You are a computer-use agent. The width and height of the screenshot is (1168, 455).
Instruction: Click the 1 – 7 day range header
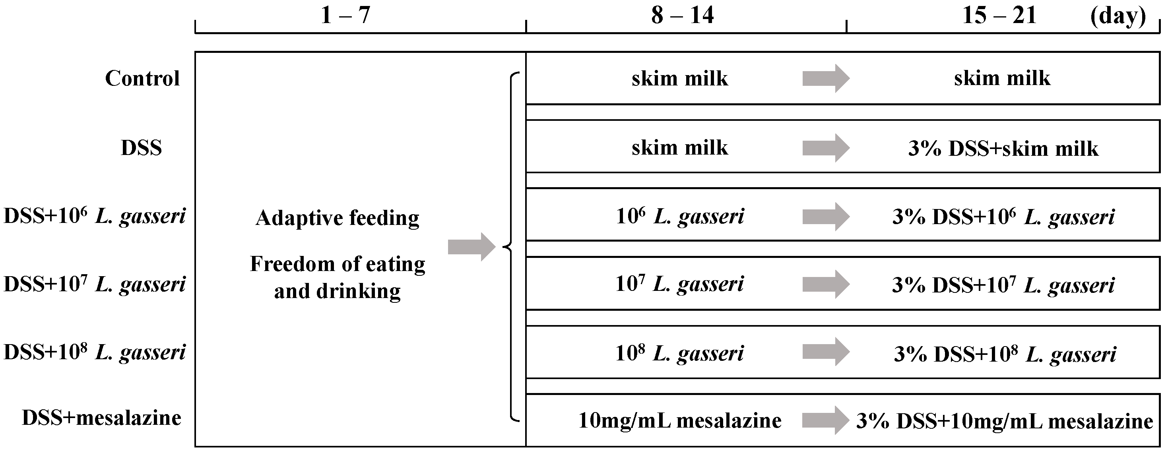[345, 15]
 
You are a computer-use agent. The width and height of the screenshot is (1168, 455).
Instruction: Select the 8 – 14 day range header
[682, 15]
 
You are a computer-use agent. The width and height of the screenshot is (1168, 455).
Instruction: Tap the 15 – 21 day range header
[999, 15]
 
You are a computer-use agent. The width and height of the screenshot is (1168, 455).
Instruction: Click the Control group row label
[142, 78]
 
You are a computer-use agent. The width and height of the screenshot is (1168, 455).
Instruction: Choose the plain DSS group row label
[141, 148]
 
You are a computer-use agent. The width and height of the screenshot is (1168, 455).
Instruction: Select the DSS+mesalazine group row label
[101, 418]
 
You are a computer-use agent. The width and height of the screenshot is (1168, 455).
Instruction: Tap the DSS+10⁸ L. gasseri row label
[94, 352]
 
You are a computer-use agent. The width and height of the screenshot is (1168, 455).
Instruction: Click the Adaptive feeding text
[338, 218]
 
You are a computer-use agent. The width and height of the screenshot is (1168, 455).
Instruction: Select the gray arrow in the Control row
[826, 78]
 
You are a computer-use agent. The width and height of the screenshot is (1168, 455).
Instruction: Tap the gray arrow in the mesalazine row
[825, 420]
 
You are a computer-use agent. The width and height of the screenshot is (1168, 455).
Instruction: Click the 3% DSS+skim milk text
[1003, 149]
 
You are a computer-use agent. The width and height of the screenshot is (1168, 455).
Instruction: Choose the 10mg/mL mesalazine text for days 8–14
[680, 420]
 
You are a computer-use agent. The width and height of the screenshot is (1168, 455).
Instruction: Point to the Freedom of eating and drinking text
[338, 277]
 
